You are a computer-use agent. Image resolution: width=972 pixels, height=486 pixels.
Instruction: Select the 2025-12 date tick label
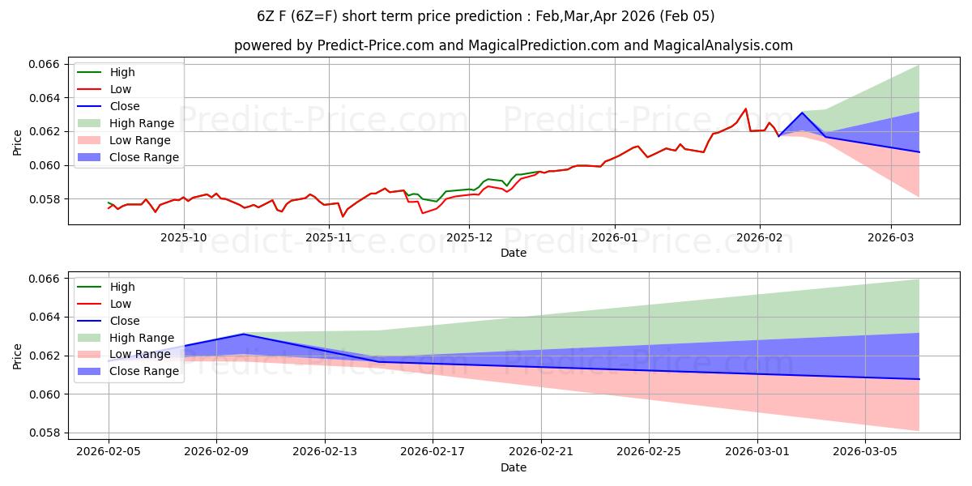470,237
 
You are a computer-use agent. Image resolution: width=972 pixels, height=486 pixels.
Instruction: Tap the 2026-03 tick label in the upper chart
891,237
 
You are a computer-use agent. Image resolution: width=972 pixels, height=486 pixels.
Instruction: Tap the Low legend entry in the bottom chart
120,304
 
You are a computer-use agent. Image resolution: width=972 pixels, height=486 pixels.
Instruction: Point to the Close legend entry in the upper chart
124,106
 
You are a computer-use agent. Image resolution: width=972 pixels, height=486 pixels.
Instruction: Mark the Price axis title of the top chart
18,142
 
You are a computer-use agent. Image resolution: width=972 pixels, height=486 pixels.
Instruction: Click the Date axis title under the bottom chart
514,467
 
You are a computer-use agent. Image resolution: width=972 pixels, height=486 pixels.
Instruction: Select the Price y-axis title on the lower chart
18,356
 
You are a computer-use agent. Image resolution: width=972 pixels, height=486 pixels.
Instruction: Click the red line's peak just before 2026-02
745,109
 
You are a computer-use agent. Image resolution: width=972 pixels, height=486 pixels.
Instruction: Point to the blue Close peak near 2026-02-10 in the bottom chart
244,334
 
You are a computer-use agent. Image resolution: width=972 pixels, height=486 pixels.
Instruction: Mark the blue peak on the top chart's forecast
802,113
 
